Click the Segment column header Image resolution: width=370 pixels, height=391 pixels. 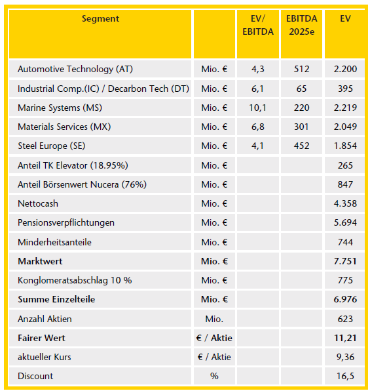100,19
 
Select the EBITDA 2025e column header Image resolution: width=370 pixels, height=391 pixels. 301,25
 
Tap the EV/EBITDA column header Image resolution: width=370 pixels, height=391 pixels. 258,25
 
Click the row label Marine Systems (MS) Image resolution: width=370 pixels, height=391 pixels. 60,108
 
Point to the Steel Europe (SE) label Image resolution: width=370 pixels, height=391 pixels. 52,146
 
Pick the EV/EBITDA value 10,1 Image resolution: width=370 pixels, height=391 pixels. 258,108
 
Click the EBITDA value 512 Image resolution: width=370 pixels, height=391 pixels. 301,69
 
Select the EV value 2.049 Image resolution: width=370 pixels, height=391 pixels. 345,127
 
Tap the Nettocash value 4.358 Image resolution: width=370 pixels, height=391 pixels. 345,204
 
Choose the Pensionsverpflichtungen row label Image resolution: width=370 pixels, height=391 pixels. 66,223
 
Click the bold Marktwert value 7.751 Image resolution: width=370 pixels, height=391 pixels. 345,261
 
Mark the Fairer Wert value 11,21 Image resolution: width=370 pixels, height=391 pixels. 345,338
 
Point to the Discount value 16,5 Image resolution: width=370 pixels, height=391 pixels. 345,376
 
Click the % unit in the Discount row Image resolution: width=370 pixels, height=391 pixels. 214,376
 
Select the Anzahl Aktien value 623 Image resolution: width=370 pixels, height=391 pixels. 345,319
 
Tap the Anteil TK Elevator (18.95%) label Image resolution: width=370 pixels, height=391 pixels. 73,165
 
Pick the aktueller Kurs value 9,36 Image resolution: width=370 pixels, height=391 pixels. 345,357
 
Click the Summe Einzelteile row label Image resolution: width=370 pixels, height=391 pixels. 56,300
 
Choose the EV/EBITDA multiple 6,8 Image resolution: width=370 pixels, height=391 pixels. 258,127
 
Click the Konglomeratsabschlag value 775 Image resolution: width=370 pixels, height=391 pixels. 345,280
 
